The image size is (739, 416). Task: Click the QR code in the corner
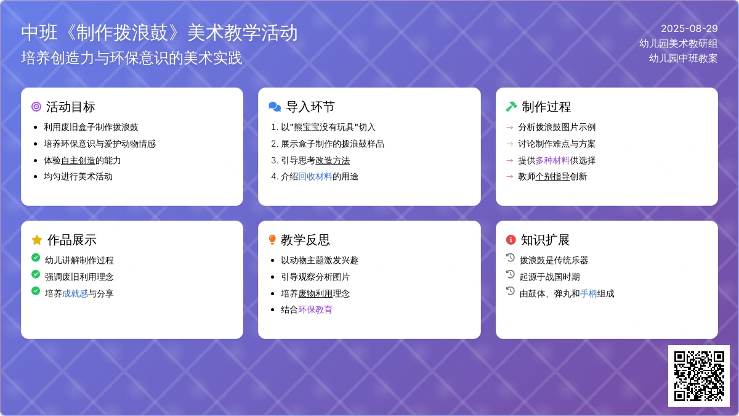tap(699, 376)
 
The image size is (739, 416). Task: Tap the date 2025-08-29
tap(689, 29)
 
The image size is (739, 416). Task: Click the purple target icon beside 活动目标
tap(36, 107)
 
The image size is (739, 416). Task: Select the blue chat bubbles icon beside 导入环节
tap(275, 107)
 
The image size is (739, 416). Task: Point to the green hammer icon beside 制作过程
tap(511, 107)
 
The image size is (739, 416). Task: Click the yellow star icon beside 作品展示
tap(37, 240)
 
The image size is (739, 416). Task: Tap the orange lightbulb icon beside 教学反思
tap(272, 240)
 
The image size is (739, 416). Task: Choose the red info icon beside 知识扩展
tap(511, 240)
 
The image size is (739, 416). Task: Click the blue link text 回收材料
tap(315, 177)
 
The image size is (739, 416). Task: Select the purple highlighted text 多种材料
tap(552, 160)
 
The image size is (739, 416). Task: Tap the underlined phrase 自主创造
tap(78, 160)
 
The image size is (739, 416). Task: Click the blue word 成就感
tap(75, 293)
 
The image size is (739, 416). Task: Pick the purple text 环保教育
tap(315, 309)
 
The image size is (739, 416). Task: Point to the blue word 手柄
tap(588, 293)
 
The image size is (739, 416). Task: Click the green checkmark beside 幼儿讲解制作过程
tap(36, 258)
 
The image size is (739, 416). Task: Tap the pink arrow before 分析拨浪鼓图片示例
tap(510, 128)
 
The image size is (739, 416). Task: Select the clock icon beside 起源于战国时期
tap(511, 274)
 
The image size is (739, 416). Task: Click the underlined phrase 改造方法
tap(333, 160)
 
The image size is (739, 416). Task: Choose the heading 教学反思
tap(305, 240)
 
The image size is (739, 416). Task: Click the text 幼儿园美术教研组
tap(678, 44)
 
